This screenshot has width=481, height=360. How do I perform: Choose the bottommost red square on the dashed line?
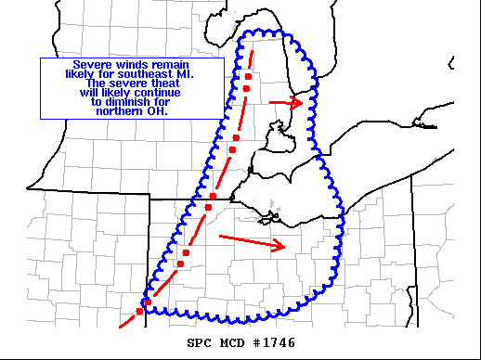point(140,311)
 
